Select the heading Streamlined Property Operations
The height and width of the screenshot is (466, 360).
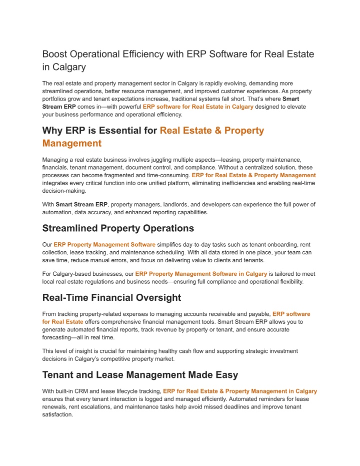[x=118, y=228]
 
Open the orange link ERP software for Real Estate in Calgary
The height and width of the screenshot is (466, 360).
[x=198, y=107]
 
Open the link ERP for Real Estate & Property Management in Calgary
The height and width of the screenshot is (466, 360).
[x=240, y=391]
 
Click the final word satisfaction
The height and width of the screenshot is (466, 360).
[x=59, y=415]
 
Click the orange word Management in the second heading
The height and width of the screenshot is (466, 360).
[x=72, y=144]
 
